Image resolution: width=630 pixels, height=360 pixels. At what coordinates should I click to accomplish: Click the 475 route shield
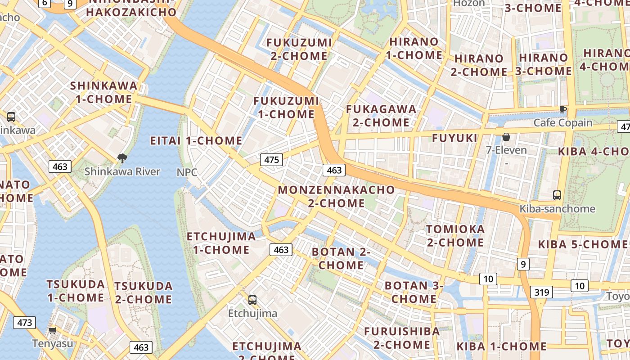(271, 160)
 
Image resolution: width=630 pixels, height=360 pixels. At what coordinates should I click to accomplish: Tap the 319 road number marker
(541, 292)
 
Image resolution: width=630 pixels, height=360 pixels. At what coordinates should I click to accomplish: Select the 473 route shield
(24, 323)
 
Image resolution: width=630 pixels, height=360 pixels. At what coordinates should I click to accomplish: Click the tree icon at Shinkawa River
(121, 158)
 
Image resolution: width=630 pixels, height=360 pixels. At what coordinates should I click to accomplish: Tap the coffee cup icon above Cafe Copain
(562, 109)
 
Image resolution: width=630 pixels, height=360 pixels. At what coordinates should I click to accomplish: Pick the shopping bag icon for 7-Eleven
(506, 136)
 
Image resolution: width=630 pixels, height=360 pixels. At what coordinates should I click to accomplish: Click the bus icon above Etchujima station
(252, 300)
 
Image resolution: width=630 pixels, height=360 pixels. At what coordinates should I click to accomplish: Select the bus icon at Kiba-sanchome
(557, 195)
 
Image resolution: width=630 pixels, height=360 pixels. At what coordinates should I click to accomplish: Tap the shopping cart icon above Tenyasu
(52, 331)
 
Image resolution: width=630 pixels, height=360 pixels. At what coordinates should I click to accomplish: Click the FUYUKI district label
(454, 138)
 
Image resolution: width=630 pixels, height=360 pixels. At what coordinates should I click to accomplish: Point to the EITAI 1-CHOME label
(196, 141)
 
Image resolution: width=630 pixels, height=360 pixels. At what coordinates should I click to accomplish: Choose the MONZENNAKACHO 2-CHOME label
(336, 196)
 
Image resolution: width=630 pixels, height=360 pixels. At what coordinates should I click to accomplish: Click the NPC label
(187, 172)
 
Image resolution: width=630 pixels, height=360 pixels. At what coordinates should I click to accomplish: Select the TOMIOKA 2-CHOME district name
(455, 236)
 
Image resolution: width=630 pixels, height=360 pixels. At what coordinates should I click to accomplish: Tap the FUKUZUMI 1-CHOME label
(286, 108)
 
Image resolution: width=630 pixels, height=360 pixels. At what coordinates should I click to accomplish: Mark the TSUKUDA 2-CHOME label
(143, 293)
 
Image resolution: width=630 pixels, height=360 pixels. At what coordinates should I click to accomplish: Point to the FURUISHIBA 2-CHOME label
(402, 338)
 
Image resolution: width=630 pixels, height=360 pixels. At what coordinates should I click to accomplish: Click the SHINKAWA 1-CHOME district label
(104, 92)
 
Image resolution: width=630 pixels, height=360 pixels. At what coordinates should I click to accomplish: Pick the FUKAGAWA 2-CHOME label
(381, 116)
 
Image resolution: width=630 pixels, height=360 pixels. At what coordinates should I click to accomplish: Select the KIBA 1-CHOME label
(501, 346)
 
